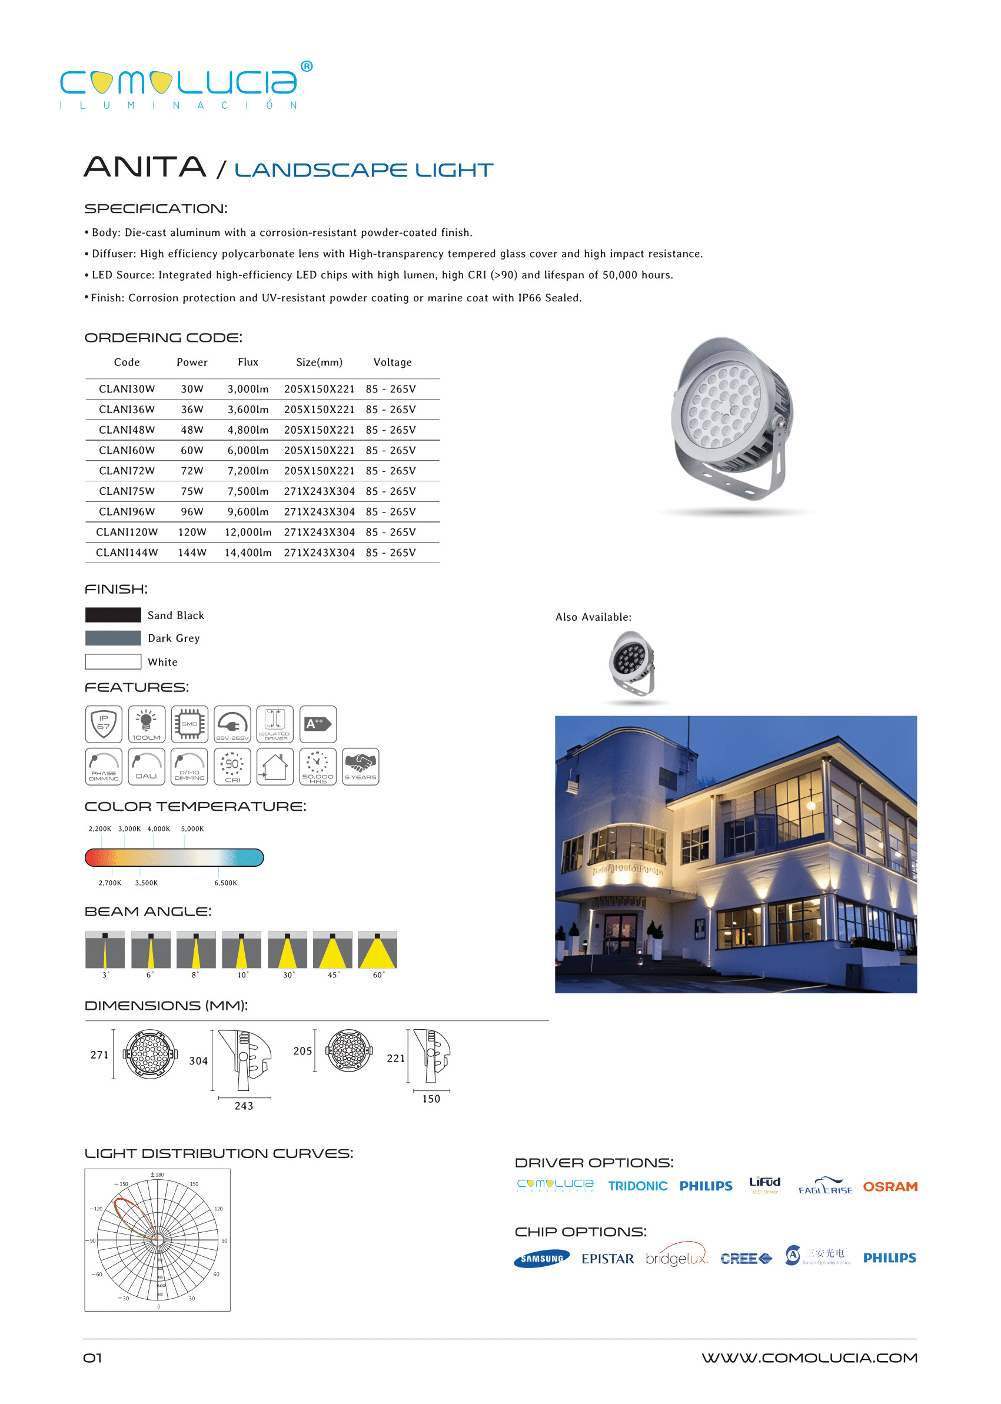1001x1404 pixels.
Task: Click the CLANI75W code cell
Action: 127,491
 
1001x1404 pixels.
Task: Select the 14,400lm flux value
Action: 248,553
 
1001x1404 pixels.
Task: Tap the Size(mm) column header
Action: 319,362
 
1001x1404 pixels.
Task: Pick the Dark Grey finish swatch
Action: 113,638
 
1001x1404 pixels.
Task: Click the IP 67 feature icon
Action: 104,724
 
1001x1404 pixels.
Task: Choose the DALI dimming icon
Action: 146,766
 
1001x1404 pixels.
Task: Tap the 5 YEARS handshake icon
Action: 361,766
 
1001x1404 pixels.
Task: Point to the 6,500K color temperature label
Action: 225,883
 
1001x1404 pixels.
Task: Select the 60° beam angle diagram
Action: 377,950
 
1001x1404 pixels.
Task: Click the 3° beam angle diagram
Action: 105,950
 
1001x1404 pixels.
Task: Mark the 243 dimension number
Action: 244,1106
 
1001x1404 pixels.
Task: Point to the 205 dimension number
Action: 302,1052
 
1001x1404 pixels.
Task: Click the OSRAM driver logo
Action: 889,1186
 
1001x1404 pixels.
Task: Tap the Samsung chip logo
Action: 542,1259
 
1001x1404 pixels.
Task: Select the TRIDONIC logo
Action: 637,1186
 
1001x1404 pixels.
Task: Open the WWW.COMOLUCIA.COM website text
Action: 809,1358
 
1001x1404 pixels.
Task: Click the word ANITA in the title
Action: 145,167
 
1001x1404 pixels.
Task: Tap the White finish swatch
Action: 113,661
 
